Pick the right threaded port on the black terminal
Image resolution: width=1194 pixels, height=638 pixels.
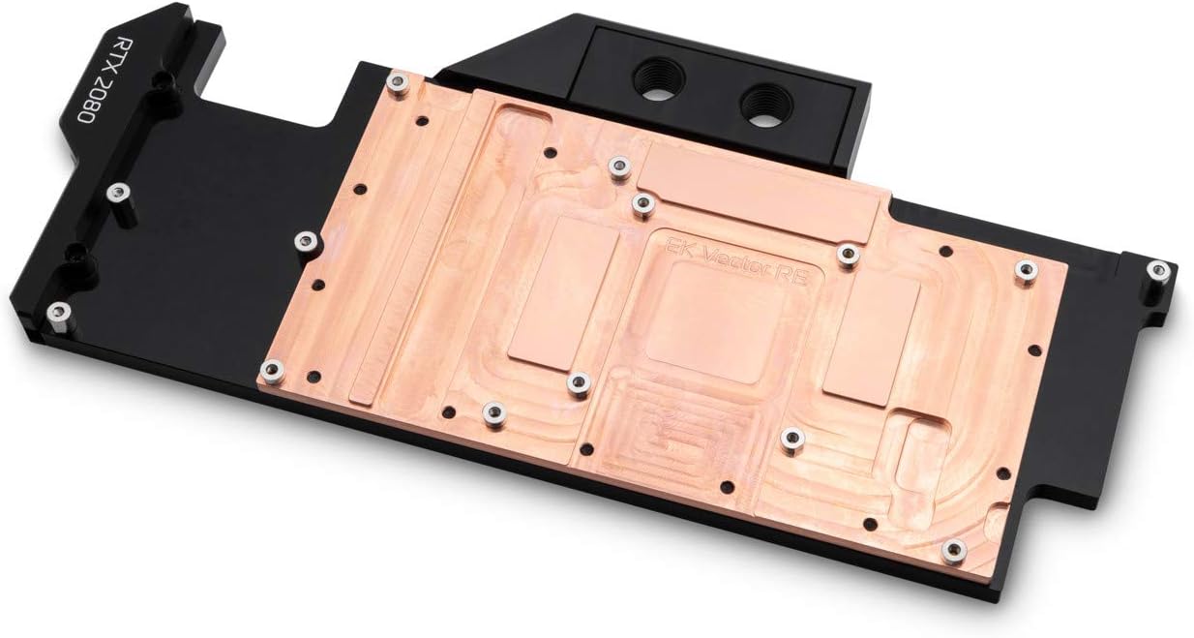click(x=767, y=100)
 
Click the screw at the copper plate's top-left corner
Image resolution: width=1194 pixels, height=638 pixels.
click(x=395, y=85)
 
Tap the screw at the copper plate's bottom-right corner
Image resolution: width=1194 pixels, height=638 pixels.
click(x=953, y=550)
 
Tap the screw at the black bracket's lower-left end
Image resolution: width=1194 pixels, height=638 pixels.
click(x=59, y=312)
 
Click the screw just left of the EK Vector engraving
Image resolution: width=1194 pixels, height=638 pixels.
click(x=641, y=203)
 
